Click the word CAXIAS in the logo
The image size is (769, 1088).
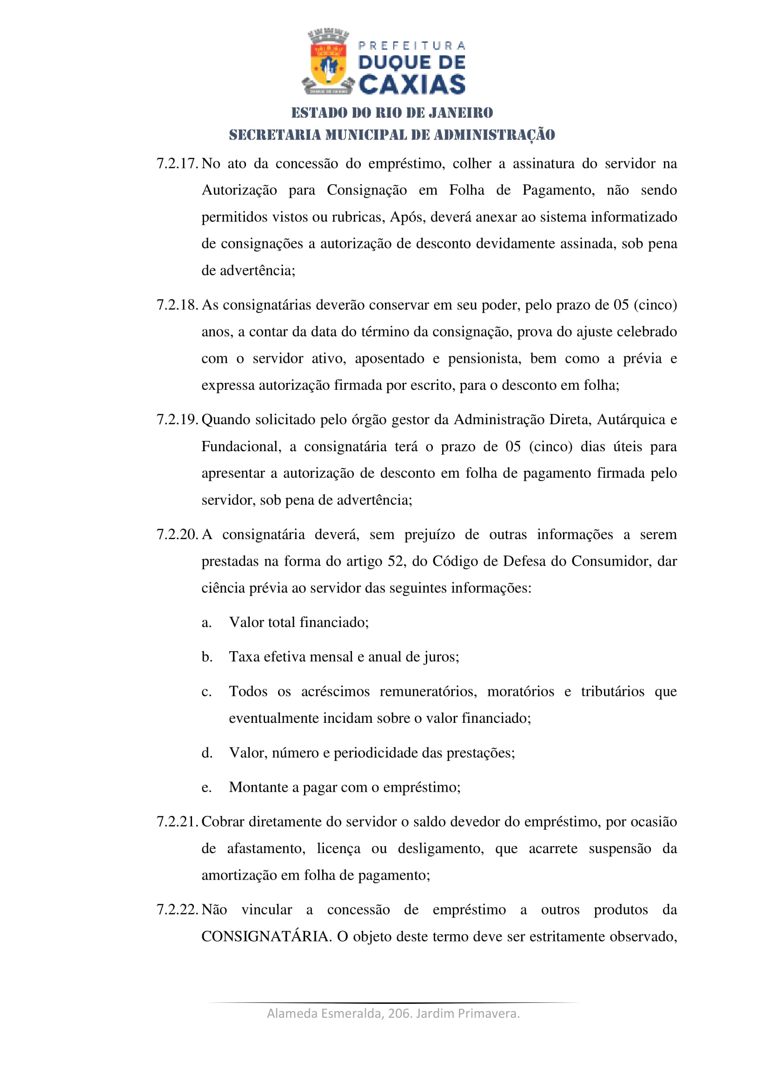point(412,85)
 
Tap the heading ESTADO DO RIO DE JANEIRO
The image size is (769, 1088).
point(391,113)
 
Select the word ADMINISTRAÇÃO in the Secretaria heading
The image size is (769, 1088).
point(494,135)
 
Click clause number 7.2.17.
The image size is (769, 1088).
point(177,164)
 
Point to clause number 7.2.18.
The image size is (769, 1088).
point(177,305)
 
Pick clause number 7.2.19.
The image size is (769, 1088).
point(177,420)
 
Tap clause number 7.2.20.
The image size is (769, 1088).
point(177,534)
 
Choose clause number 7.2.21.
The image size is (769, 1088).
point(177,821)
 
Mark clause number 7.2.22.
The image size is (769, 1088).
point(177,910)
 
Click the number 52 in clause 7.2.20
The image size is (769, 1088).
point(395,561)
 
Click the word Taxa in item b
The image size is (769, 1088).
point(245,657)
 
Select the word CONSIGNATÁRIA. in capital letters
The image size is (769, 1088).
point(266,937)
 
